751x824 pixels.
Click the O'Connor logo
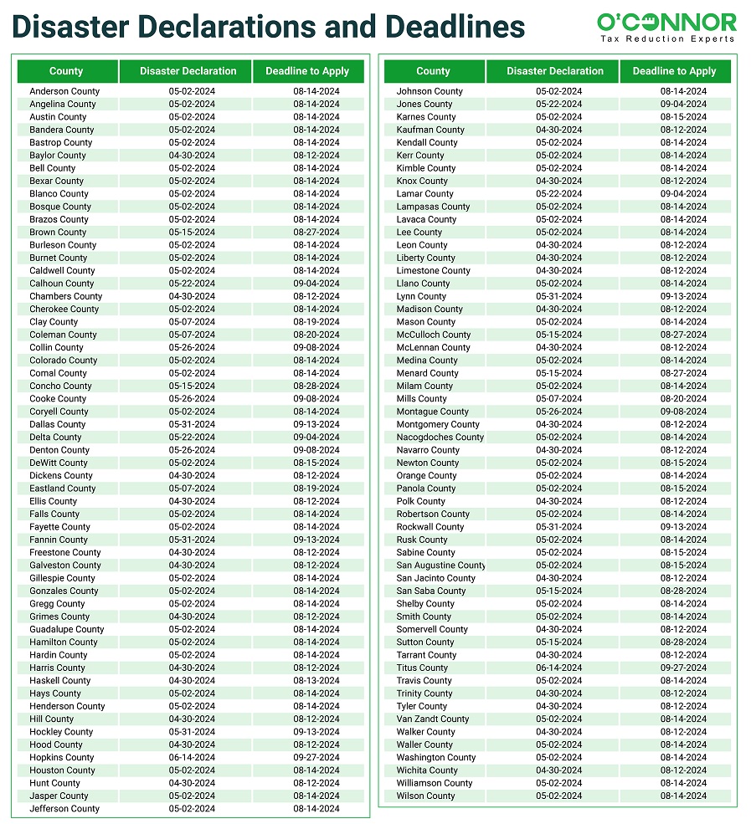666,22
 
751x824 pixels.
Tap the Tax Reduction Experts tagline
668,39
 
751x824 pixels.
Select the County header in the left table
66,71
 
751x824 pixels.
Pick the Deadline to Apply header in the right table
674,71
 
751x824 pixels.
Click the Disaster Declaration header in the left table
188,71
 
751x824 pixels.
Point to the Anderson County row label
64,91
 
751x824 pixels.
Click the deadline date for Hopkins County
316,758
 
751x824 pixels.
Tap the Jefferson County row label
64,809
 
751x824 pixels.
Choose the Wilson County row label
425,796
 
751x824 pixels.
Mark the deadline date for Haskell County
316,681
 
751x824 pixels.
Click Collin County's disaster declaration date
192,348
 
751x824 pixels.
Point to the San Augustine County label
440,566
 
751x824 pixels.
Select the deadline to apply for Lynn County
683,296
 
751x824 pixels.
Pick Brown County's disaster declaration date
192,233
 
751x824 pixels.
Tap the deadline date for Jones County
683,105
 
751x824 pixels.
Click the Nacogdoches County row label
440,438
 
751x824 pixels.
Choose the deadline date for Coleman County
316,335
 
